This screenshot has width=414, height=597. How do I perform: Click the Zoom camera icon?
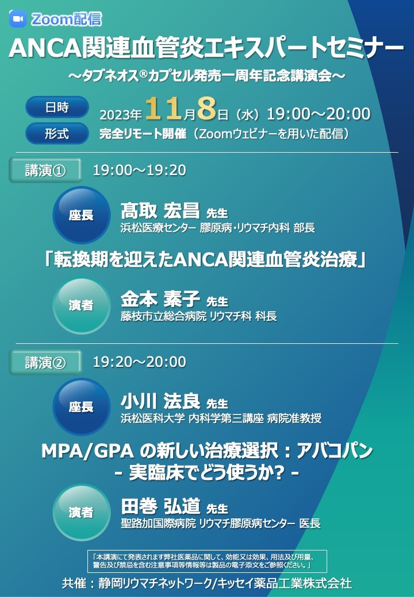[17, 18]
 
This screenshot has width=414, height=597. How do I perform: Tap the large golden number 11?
[163, 108]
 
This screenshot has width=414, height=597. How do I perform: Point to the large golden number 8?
[207, 108]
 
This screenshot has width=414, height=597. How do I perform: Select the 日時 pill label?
[57, 107]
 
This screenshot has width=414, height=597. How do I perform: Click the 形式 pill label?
[57, 134]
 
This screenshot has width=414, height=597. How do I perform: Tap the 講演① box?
[45, 170]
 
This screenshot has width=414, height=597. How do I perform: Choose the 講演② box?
[45, 362]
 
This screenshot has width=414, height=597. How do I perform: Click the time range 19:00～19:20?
[140, 170]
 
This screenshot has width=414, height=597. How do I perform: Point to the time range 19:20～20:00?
[140, 362]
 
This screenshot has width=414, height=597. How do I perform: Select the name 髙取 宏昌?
[160, 210]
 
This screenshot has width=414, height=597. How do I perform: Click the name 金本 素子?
[160, 299]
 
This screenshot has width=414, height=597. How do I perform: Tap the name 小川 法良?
[160, 401]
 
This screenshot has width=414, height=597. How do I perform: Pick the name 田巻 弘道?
[160, 506]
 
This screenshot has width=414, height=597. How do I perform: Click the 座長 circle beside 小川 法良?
[81, 406]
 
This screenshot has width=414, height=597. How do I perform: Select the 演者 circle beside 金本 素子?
[81, 305]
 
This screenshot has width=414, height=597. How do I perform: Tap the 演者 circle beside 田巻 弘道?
[81, 512]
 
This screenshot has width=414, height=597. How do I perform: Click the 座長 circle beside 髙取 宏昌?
[81, 215]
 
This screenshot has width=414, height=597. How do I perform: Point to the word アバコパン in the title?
[334, 451]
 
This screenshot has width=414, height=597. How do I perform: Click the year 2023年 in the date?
[121, 114]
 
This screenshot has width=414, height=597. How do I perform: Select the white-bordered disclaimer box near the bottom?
[207, 561]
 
